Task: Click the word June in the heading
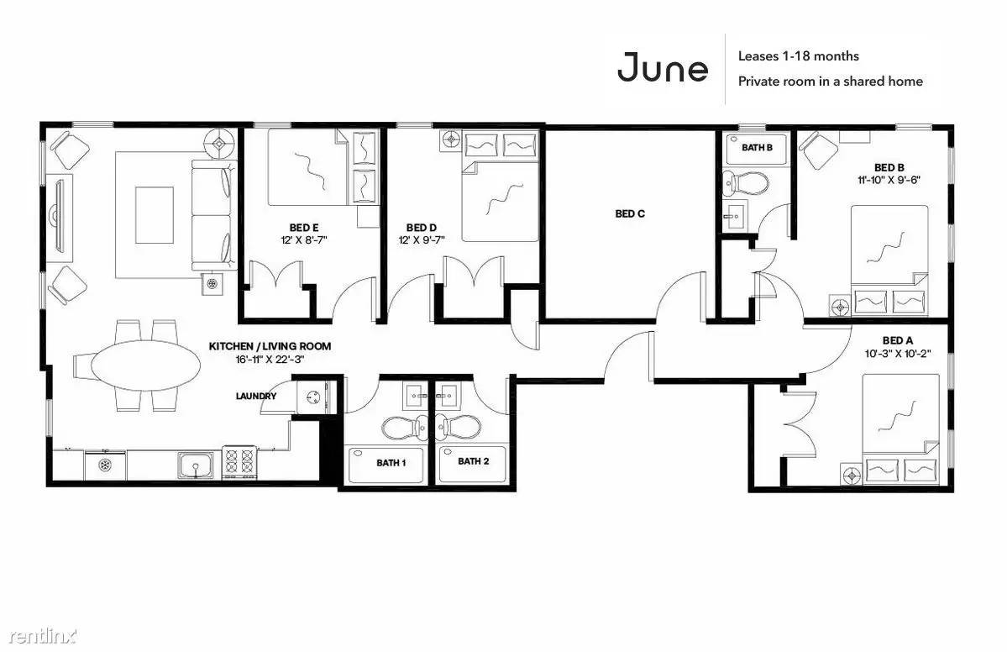tap(663, 67)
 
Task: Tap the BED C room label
tap(629, 214)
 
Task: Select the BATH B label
tap(758, 148)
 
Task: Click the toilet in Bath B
tap(744, 184)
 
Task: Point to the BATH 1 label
tap(391, 462)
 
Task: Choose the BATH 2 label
tap(474, 461)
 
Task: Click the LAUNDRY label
tap(255, 397)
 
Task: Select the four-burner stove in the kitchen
tap(239, 462)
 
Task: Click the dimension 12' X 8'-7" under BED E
tap(304, 240)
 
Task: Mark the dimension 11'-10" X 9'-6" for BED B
tap(889, 181)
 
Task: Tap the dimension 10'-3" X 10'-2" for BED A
tap(897, 353)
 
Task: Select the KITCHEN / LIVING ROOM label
tap(270, 346)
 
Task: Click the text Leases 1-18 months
tap(798, 56)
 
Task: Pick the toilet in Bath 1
tap(403, 427)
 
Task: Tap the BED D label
tap(422, 228)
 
